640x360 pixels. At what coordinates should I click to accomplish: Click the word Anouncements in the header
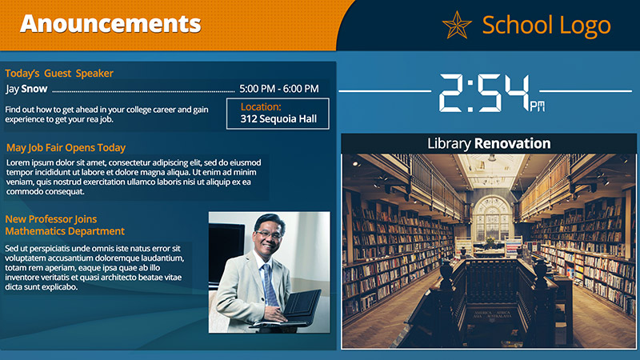coord(110,24)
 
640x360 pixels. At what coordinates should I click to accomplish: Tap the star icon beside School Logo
coord(457,26)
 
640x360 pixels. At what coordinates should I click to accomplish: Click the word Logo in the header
coord(585,26)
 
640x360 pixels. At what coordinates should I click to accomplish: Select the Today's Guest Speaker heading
coord(59,74)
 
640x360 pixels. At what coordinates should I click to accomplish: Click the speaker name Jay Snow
coord(26,89)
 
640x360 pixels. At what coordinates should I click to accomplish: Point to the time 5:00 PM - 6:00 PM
coord(278,89)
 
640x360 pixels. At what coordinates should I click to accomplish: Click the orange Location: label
coord(261,107)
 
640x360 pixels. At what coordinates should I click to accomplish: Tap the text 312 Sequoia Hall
coord(278,118)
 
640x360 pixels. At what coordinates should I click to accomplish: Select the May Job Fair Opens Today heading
coord(66,148)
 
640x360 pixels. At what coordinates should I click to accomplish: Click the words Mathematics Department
coord(65,231)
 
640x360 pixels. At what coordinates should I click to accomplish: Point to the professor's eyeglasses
coord(268,234)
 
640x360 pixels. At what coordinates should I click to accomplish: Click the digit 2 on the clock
coord(452,93)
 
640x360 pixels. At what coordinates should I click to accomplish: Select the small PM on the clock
coord(537,106)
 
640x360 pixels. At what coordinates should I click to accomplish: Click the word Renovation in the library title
coord(512,144)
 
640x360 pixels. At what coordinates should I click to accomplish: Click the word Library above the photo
coord(449,144)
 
